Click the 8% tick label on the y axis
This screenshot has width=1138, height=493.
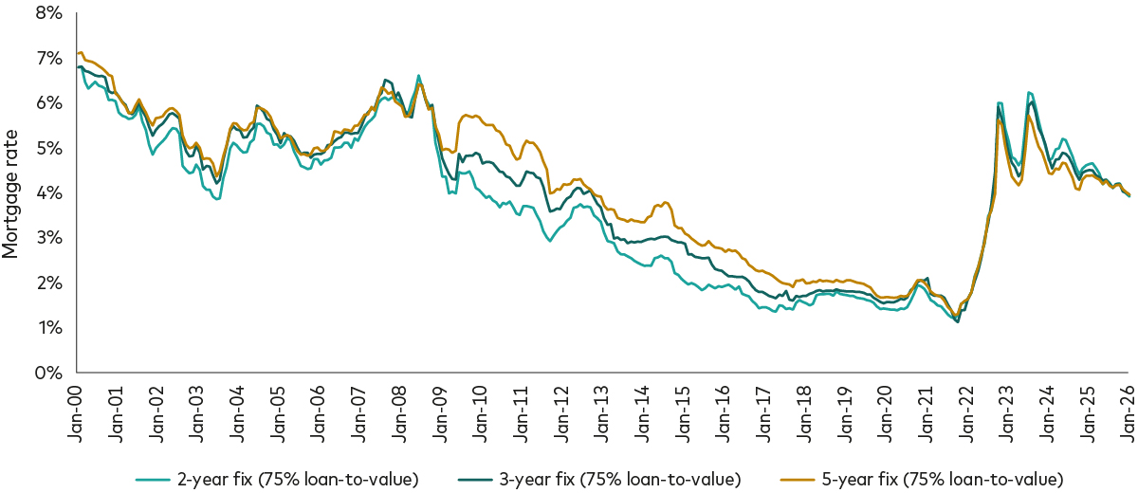(x=47, y=13)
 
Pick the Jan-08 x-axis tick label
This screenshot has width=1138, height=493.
(x=397, y=407)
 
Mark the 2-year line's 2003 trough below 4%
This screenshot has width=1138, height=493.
(x=217, y=198)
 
